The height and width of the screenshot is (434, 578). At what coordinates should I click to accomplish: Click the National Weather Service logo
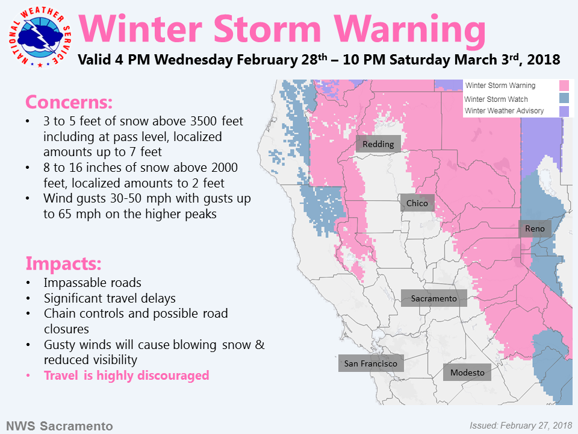[x=40, y=37]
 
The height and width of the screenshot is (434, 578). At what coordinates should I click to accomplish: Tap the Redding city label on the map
[x=378, y=144]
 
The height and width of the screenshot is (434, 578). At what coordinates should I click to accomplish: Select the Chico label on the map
[x=417, y=203]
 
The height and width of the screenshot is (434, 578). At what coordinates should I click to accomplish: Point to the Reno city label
[x=535, y=228]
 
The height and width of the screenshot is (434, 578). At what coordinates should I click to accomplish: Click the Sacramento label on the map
[x=434, y=298]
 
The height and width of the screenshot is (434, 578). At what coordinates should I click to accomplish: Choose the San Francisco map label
[x=371, y=363]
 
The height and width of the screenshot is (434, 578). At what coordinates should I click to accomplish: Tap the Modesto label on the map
[x=467, y=373]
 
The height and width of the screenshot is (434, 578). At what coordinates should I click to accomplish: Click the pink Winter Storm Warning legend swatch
[x=564, y=86]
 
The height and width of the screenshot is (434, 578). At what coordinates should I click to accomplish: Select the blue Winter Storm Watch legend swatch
[x=564, y=98]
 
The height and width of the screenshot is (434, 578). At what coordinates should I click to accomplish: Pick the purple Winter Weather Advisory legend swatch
[x=564, y=111]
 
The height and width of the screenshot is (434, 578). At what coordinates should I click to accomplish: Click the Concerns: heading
[x=69, y=102]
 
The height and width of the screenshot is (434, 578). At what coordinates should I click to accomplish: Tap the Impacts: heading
[x=63, y=263]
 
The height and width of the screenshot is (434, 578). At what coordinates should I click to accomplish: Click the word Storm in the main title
[x=267, y=29]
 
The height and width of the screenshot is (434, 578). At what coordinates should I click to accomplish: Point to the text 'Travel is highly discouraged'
[x=126, y=376]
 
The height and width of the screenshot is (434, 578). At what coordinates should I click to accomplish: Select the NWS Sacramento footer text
[x=60, y=426]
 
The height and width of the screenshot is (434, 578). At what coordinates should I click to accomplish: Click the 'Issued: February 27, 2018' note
[x=521, y=426]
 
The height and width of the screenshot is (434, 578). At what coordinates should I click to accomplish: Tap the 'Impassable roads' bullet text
[x=93, y=283]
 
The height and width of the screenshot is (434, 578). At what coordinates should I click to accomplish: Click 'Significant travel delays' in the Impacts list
[x=110, y=298]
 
